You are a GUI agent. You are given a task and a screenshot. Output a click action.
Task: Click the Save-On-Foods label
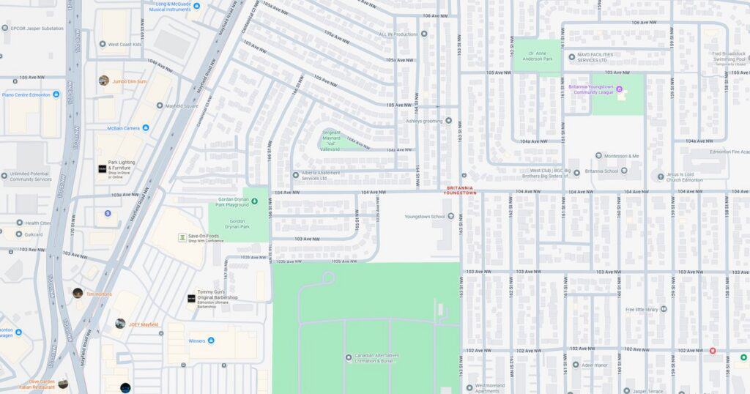tap(204, 235)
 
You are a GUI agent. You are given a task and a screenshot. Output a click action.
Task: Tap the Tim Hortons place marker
tap(78, 294)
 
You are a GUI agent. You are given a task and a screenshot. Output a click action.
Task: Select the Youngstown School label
tap(427, 216)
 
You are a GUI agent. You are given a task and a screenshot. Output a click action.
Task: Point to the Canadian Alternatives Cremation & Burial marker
tap(349, 357)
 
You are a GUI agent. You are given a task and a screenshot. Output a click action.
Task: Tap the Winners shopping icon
tap(211, 341)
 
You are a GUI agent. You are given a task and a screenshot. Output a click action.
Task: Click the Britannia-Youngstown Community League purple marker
tap(619, 90)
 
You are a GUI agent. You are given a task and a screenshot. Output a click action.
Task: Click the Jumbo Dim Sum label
tap(129, 81)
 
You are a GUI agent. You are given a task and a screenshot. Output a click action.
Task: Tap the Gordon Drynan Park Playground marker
tap(255, 200)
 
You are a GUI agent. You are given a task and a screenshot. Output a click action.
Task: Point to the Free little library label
tap(642, 309)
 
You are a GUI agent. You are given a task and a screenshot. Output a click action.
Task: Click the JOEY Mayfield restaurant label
tap(144, 324)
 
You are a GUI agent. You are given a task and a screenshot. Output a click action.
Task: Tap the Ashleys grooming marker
tap(449, 121)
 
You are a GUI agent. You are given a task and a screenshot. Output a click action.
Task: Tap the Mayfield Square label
tap(180, 105)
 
